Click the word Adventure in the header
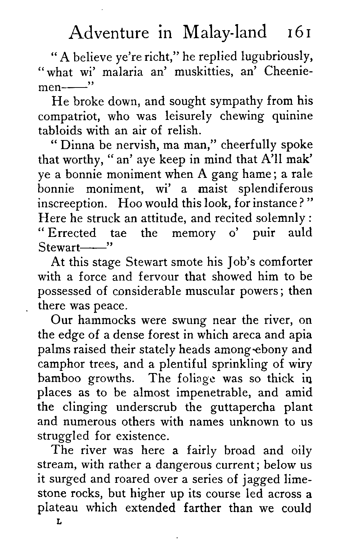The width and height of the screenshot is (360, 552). click(109, 33)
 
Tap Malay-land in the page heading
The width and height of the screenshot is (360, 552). click(225, 33)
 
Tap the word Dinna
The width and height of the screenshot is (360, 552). click(76, 145)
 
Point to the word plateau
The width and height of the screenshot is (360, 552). click(59, 508)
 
